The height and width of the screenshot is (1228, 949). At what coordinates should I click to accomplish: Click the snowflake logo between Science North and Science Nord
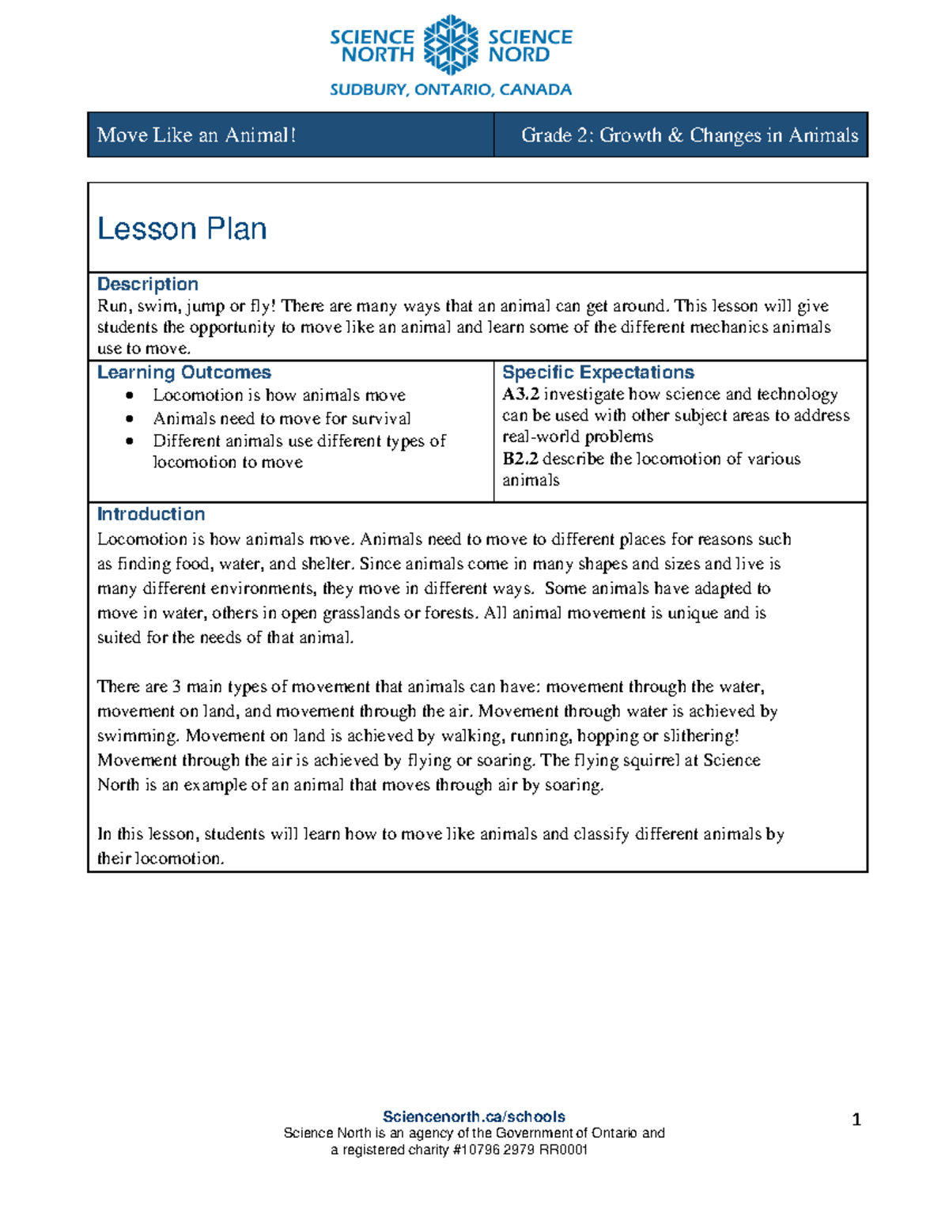click(451, 45)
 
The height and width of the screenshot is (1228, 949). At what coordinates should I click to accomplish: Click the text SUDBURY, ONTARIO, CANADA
click(451, 89)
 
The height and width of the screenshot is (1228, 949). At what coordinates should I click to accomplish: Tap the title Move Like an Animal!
click(196, 135)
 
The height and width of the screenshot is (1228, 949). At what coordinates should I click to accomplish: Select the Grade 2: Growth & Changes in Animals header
click(689, 135)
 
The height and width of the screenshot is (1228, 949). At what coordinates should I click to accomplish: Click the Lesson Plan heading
click(182, 229)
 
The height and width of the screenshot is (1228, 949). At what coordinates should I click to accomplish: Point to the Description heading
click(148, 284)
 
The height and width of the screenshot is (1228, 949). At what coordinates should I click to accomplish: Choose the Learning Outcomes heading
click(183, 372)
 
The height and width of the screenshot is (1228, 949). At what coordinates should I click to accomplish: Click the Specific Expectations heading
click(598, 372)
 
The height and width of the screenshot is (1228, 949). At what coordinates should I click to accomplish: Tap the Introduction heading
click(151, 514)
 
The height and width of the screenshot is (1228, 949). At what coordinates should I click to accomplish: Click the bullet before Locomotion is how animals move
click(130, 395)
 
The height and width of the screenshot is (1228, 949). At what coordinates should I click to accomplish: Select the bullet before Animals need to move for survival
click(130, 418)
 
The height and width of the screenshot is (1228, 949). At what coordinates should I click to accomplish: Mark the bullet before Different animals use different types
click(130, 441)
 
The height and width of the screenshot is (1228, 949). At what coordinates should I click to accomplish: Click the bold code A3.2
click(520, 395)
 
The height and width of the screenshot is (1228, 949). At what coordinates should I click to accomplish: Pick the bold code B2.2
click(520, 459)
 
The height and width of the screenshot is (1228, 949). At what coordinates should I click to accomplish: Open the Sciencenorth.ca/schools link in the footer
click(474, 1117)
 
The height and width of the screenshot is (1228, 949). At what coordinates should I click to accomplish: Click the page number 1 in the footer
click(856, 1119)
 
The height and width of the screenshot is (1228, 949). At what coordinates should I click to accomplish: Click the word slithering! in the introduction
click(701, 736)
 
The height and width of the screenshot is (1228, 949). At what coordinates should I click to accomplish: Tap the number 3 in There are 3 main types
click(176, 687)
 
